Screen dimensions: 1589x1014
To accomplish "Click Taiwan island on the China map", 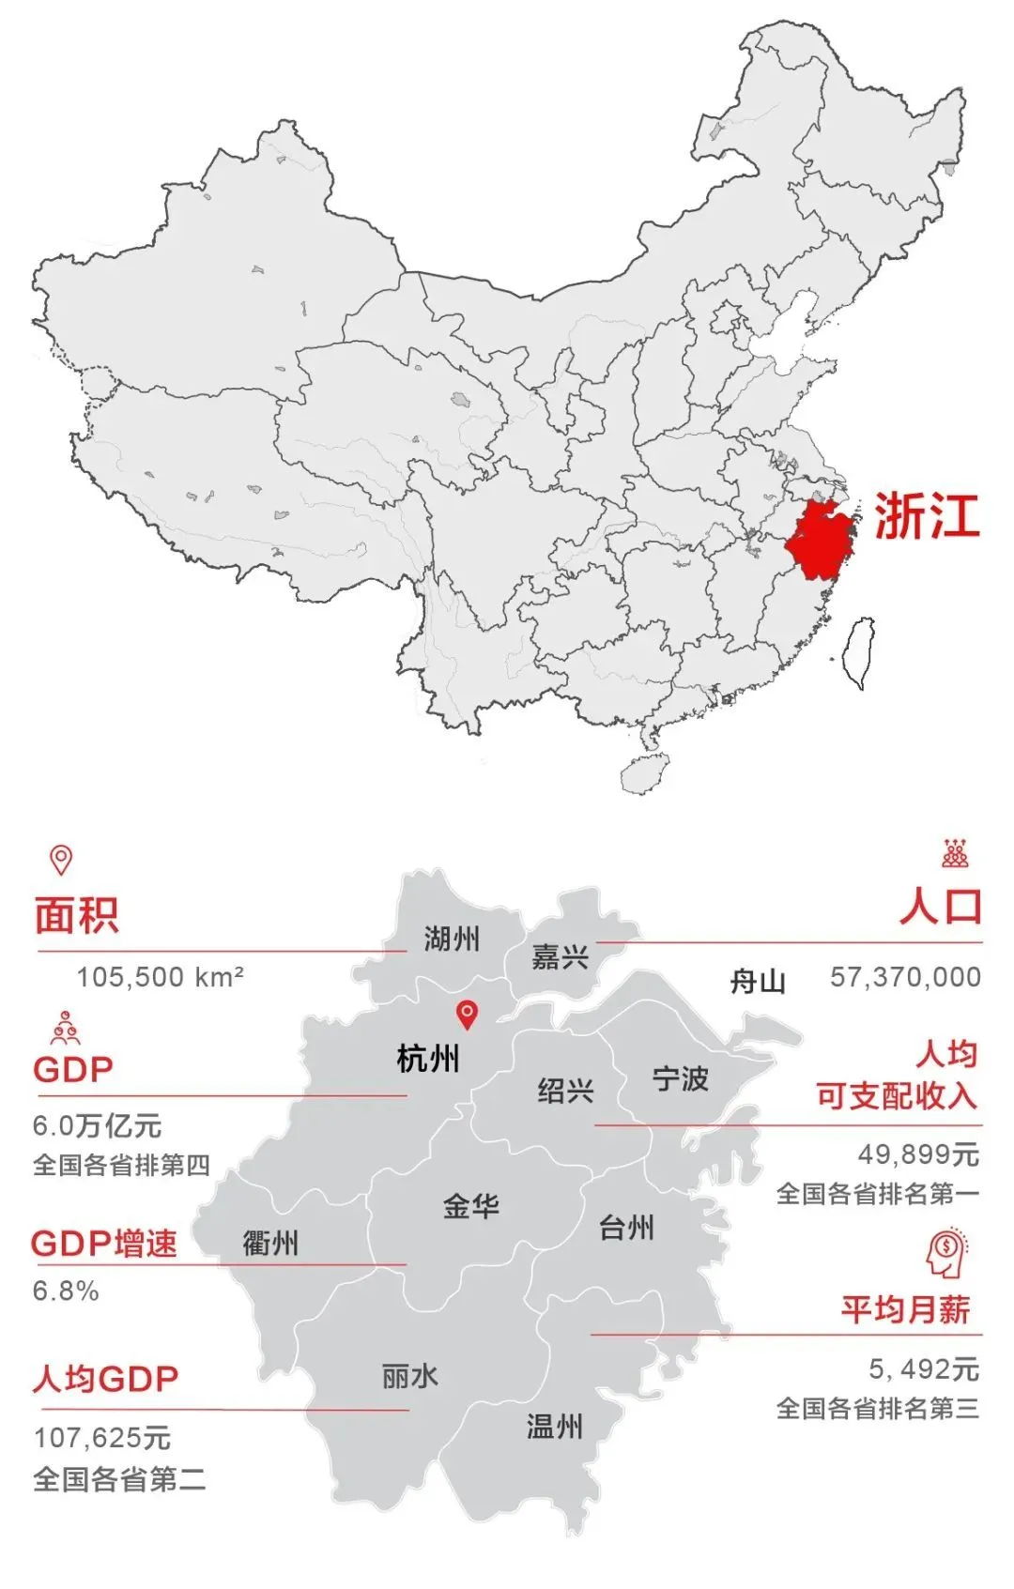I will click(858, 653).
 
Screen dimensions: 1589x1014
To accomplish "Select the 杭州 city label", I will click(428, 1059).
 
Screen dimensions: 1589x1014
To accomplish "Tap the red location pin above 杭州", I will click(467, 1014).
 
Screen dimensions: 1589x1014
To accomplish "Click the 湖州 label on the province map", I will click(452, 938).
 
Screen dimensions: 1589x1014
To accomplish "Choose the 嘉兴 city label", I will click(561, 956).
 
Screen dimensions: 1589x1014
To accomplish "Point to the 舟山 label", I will click(758, 982).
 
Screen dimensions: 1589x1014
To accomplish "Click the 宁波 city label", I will click(681, 1078).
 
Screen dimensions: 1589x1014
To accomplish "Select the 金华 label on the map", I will click(471, 1205).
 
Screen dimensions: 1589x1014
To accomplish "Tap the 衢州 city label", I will click(270, 1244).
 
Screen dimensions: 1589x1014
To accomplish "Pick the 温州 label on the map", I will click(555, 1427).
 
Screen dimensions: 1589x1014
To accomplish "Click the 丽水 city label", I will click(410, 1376).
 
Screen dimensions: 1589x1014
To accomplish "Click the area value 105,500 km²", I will click(161, 977).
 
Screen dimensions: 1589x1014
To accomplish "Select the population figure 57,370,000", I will click(905, 977).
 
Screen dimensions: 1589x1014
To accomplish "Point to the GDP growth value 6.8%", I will click(66, 1291).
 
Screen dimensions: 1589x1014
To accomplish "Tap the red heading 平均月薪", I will click(905, 1309).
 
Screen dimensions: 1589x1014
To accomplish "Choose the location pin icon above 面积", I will click(61, 859).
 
